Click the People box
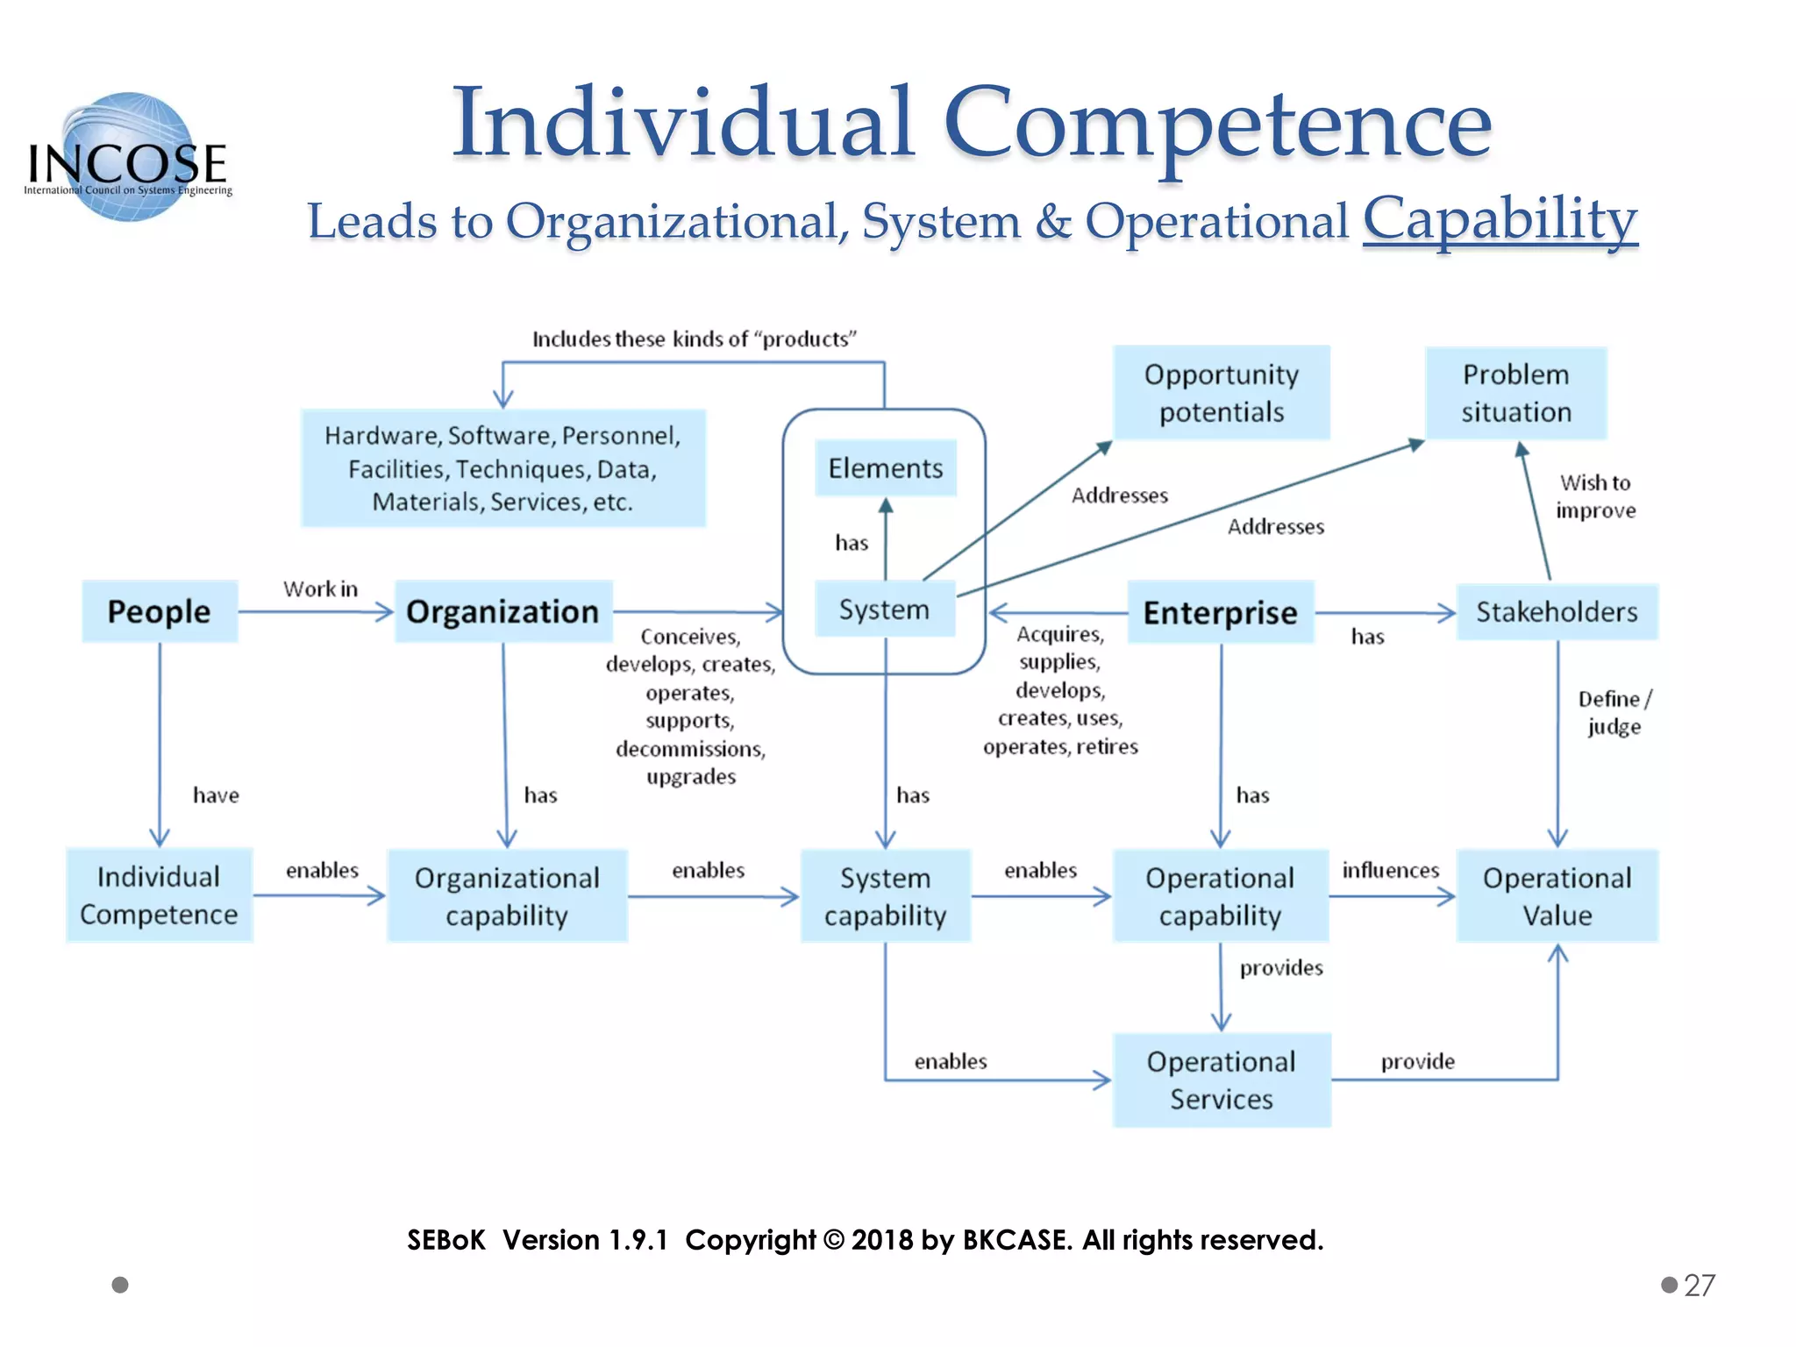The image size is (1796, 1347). point(160,611)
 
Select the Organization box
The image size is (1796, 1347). point(503,611)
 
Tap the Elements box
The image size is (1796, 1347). point(886,468)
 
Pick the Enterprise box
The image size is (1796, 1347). point(1220,612)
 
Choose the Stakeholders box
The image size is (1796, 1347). point(1557,611)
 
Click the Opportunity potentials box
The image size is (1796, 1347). point(1222,393)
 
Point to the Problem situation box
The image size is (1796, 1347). point(1516,393)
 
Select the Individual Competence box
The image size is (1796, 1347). point(159,895)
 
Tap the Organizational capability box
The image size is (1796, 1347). point(507,896)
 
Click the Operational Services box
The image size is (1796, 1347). point(1222,1080)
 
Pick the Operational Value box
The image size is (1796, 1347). point(1557,896)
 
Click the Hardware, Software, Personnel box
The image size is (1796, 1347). point(502,468)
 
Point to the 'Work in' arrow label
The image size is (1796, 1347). point(320,588)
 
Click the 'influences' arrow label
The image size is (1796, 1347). point(1391,870)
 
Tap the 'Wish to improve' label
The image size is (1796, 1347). point(1595,496)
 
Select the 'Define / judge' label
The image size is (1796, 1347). point(1614,712)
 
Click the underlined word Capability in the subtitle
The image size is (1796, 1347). point(1500,218)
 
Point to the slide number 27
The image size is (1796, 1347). point(1700,1285)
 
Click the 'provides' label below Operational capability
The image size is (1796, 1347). point(1281,967)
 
